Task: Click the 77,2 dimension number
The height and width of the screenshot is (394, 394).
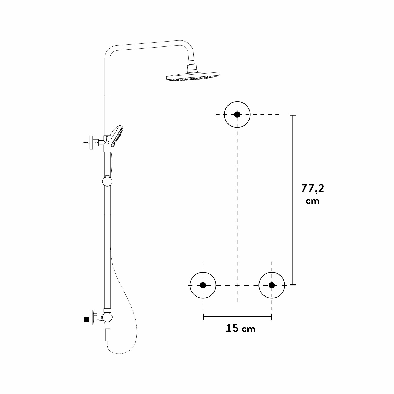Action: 313,188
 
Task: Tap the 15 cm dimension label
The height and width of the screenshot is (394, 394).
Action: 241,328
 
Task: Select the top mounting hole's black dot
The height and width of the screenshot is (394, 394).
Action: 237,115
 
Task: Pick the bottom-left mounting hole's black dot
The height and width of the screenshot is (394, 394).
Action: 203,285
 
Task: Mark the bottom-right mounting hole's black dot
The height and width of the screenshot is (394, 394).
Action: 272,285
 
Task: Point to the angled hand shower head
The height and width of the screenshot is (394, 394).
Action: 117,135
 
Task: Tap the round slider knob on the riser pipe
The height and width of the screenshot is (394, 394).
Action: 107,181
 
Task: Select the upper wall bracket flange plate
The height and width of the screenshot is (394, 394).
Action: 91,143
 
